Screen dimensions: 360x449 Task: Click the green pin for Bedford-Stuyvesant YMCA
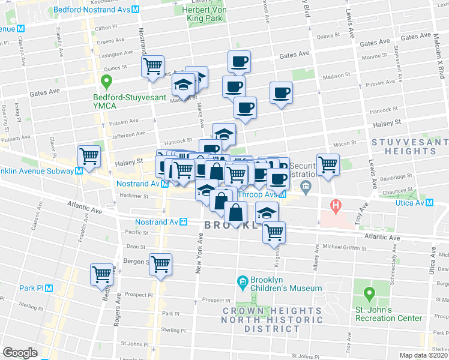[x=107, y=80]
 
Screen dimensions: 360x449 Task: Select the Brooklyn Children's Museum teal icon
[x=243, y=282]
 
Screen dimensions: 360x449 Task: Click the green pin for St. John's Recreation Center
[x=369, y=295]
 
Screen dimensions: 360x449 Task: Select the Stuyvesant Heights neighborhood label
[x=410, y=146]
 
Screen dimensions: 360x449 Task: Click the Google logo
[x=20, y=352]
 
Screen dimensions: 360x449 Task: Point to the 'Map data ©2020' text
[x=424, y=355]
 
